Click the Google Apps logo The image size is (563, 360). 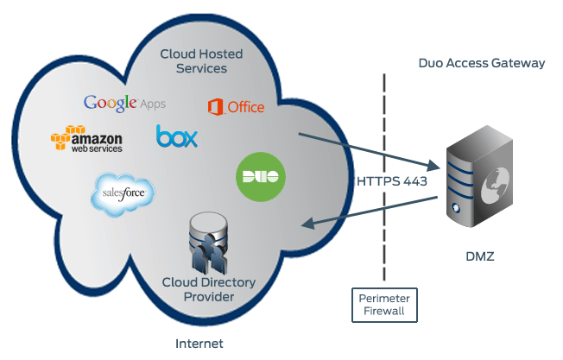click(124, 103)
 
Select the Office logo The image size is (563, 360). click(236, 107)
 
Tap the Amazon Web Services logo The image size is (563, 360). click(86, 139)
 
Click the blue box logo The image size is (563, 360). click(177, 136)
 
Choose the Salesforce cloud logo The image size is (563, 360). click(123, 195)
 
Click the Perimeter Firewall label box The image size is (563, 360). click(381, 304)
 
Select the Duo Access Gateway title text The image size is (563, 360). click(482, 63)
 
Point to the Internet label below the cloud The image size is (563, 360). click(199, 344)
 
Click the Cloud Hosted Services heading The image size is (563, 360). click(201, 60)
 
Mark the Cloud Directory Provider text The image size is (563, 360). click(198, 290)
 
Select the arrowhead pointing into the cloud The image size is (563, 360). click(307, 225)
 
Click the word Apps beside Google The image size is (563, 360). click(152, 104)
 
